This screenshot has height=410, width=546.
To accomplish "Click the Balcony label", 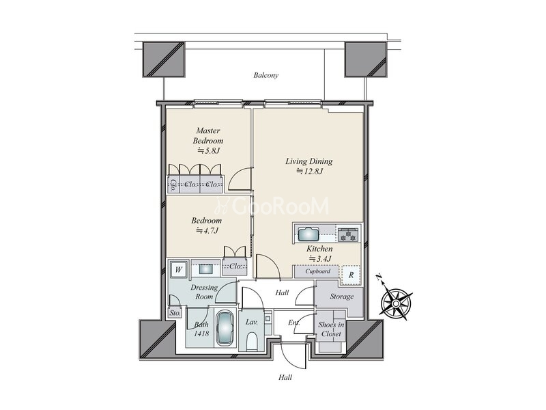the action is pyautogui.click(x=265, y=75).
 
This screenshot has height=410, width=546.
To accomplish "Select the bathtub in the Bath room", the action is pyautogui.click(x=225, y=328).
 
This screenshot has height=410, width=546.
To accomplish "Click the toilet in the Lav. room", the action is pyautogui.click(x=251, y=340).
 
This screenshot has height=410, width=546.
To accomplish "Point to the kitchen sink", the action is pyautogui.click(x=308, y=234).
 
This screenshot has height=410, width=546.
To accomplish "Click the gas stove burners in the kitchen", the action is pyautogui.click(x=348, y=234).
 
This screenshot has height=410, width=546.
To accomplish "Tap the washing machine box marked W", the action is pyautogui.click(x=179, y=269).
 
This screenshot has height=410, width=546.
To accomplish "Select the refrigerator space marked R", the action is pyautogui.click(x=351, y=275).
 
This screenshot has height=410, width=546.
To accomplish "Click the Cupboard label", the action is pyautogui.click(x=317, y=271).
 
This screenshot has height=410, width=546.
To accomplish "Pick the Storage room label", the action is pyautogui.click(x=342, y=297).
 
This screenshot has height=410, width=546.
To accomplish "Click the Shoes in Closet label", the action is pyautogui.click(x=331, y=329).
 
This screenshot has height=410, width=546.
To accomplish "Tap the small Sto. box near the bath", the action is pyautogui.click(x=175, y=313).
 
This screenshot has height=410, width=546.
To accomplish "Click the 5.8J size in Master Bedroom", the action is pyautogui.click(x=209, y=151).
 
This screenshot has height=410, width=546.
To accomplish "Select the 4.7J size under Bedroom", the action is pyautogui.click(x=207, y=230).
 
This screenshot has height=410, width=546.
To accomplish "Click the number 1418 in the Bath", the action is pyautogui.click(x=201, y=333).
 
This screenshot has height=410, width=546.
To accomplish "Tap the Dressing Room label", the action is pyautogui.click(x=204, y=292).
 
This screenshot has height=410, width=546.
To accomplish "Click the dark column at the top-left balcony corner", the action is pyautogui.click(x=163, y=59).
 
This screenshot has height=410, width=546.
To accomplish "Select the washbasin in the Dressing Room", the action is pyautogui.click(x=205, y=269).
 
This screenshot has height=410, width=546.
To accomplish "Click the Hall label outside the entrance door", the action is pyautogui.click(x=285, y=377).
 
